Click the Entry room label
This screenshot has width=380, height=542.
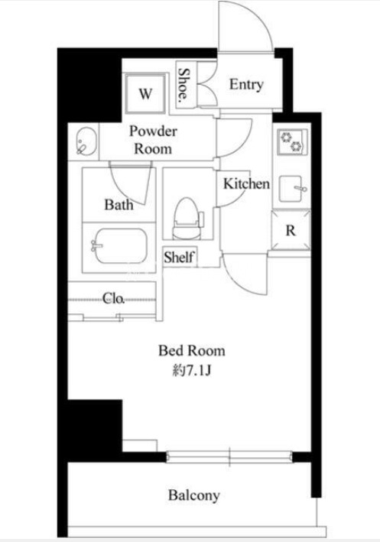[246, 85]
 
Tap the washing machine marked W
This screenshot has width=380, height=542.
[145, 92]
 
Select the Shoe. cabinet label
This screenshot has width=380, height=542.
[184, 84]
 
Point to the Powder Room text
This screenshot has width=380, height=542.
[153, 140]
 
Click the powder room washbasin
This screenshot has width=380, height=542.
[86, 141]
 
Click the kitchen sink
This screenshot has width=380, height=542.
[292, 189]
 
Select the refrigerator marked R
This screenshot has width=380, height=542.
[291, 229]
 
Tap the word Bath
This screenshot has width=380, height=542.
[119, 205]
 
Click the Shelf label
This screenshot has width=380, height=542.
[179, 257]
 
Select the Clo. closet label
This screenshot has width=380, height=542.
[113, 298]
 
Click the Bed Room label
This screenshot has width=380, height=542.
[192, 351]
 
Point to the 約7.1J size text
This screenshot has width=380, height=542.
[192, 371]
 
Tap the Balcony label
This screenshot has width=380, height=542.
[194, 495]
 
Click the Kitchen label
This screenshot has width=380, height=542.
[246, 183]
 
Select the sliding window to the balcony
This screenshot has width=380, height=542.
[229, 456]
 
